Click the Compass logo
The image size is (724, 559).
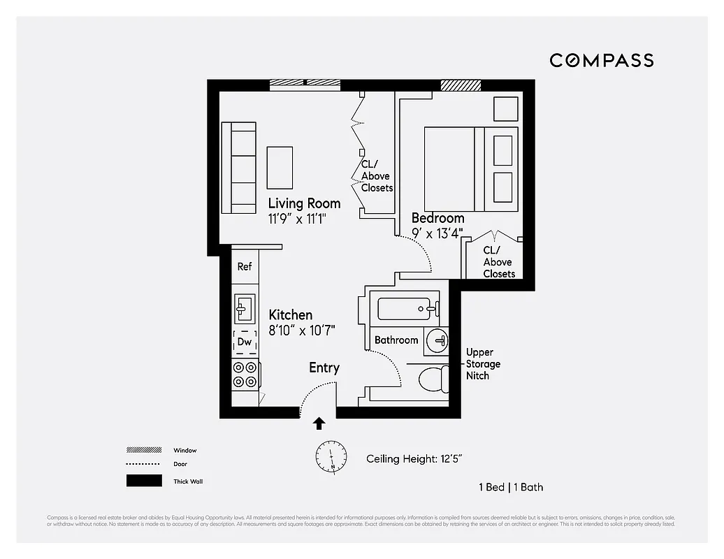click(x=601, y=60)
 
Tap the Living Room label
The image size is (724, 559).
click(x=304, y=203)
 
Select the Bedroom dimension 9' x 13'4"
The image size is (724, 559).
click(x=437, y=233)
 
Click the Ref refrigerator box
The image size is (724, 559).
click(x=245, y=266)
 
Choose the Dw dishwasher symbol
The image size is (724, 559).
click(x=245, y=342)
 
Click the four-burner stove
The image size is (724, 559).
click(x=245, y=374)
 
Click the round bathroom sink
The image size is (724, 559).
click(x=437, y=340)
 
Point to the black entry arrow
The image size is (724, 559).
click(x=319, y=423)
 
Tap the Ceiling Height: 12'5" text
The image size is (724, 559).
click(x=414, y=459)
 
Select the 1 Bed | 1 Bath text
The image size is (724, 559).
click(x=510, y=487)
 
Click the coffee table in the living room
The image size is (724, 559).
click(x=280, y=168)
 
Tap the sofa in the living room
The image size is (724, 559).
click(x=239, y=168)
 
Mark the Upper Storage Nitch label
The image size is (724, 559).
click(x=484, y=364)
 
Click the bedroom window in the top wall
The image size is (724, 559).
click(x=461, y=85)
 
